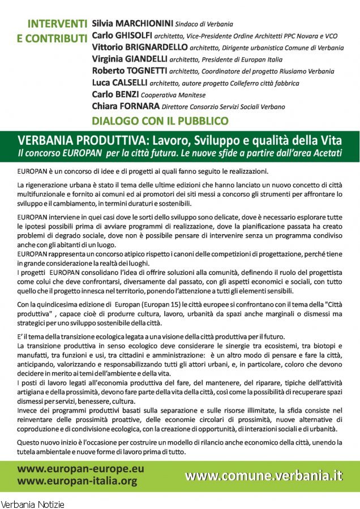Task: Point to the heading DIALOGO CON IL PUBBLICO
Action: pyautogui.click(x=160, y=120)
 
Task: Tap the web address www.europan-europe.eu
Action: pyautogui.click(x=80, y=469)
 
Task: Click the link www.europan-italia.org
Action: pyautogui.click(x=78, y=481)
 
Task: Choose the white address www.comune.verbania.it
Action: pyautogui.click(x=264, y=476)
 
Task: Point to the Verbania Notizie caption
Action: pyautogui.click(x=32, y=503)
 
